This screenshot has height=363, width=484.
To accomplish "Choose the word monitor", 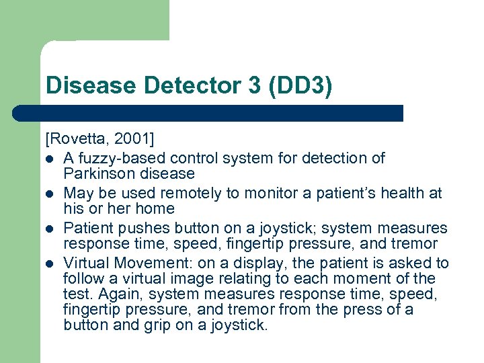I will [x=259, y=193].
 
